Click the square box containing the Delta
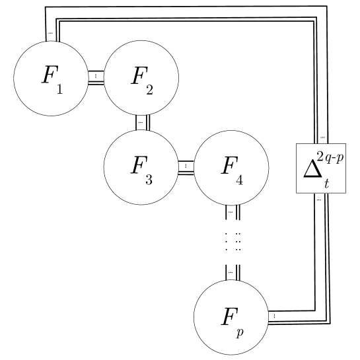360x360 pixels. (x=320, y=168)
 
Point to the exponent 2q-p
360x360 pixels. (x=330, y=157)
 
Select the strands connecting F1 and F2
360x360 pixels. (x=96, y=77)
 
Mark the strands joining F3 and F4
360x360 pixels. (x=186, y=165)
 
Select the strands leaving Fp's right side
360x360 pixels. (x=275, y=316)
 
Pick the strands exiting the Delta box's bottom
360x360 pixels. (x=320, y=199)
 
